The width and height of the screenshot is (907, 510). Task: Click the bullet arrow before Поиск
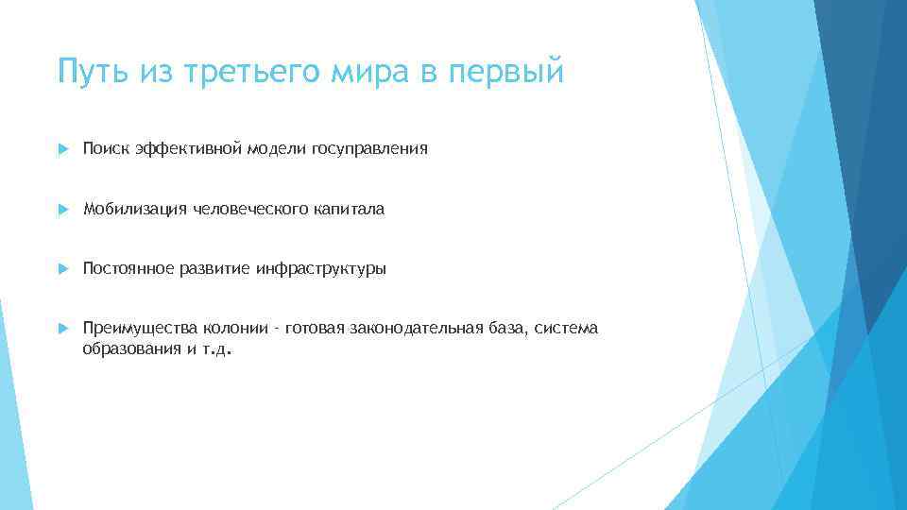coord(62,149)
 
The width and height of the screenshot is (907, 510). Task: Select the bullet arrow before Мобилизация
coord(62,210)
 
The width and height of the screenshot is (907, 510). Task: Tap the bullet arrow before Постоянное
coord(62,269)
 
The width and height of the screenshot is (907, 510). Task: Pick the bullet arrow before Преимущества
coord(62,329)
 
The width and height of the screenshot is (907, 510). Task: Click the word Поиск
coord(106,148)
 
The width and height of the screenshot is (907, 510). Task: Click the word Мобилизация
coord(135,209)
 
